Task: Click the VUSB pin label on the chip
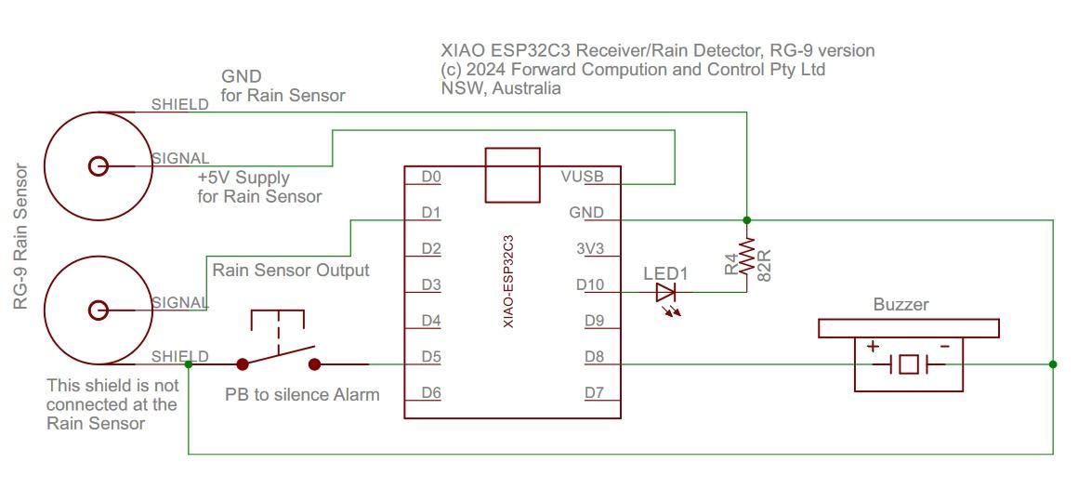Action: pyautogui.click(x=582, y=177)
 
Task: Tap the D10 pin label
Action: pyautogui.click(x=591, y=284)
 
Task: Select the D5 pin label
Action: pyautogui.click(x=431, y=356)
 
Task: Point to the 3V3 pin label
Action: pyautogui.click(x=589, y=249)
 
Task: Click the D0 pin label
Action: pyautogui.click(x=431, y=177)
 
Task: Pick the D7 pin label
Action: pyautogui.click(x=595, y=392)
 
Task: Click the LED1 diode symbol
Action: pyautogui.click(x=666, y=293)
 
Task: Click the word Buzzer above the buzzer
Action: pyautogui.click(x=901, y=304)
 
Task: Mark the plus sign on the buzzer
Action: pyautogui.click(x=873, y=346)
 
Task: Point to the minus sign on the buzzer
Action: pyautogui.click(x=943, y=346)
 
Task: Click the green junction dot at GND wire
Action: pyautogui.click(x=747, y=220)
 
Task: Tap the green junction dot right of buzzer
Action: pyautogui.click(x=1053, y=364)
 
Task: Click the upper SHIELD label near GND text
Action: pyautogui.click(x=180, y=105)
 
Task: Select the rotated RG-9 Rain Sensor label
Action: pyautogui.click(x=20, y=238)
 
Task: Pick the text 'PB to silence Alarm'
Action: pyautogui.click(x=302, y=394)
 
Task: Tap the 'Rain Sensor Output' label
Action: pyautogui.click(x=291, y=271)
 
